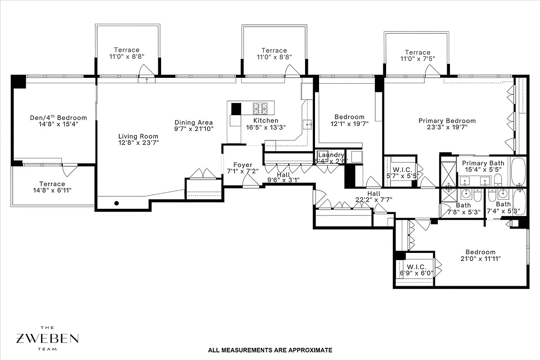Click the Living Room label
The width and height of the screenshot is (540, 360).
[138, 136]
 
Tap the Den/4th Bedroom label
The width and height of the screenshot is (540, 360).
[58, 118]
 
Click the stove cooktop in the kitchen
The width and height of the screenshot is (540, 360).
[260, 108]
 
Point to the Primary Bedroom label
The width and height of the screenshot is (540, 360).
[447, 121]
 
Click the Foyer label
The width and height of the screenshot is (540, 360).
[242, 165]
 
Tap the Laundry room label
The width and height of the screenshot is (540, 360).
[331, 155]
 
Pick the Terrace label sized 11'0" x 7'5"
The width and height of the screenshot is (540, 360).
[417, 52]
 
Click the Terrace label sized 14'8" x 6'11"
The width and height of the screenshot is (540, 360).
[52, 184]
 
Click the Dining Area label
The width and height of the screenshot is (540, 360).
[193, 122]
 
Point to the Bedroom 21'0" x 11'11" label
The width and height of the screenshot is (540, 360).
[480, 252]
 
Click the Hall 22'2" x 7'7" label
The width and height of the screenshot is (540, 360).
[374, 193]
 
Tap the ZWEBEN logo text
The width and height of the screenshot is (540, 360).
[48, 338]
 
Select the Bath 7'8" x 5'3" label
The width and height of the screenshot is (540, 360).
[463, 205]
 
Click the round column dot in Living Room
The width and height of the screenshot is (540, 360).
[116, 203]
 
